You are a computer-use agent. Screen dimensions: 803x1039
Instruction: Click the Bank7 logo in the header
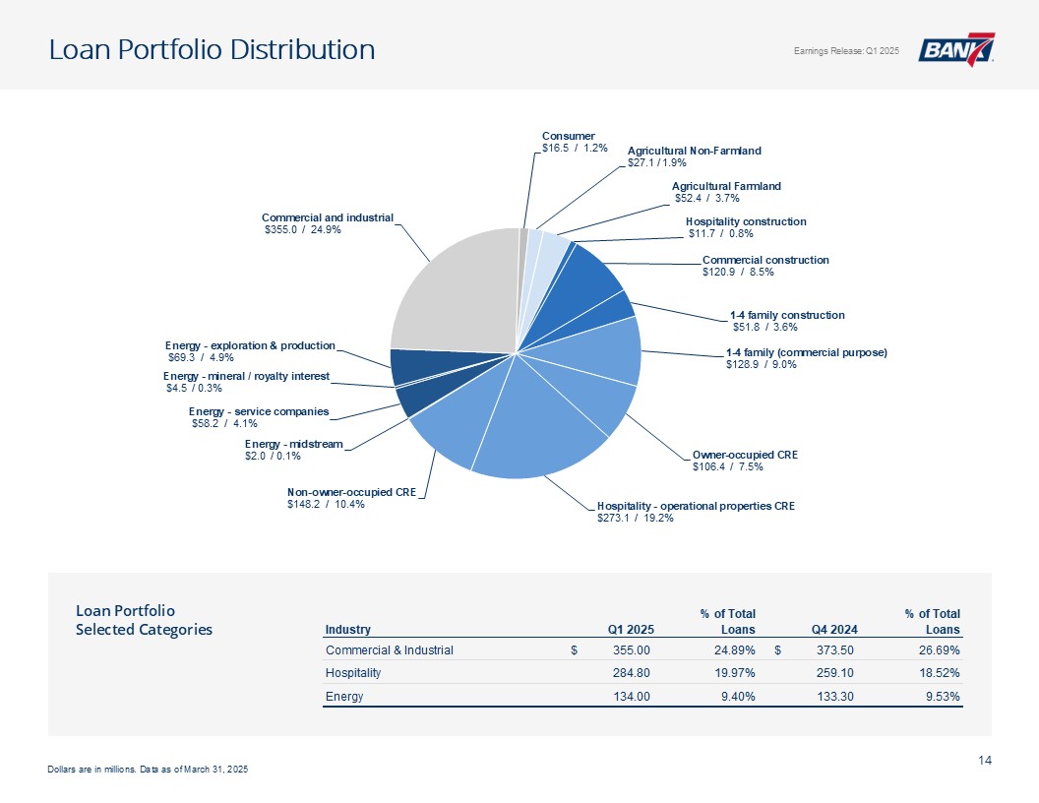[956, 50]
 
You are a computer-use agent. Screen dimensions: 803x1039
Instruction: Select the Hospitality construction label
[746, 227]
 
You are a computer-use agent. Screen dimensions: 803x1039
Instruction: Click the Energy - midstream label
[293, 450]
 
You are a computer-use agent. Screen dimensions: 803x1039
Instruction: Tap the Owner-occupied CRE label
[744, 461]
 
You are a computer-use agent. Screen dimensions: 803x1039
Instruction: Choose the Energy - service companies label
[259, 417]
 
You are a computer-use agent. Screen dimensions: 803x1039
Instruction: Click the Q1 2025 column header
[631, 630]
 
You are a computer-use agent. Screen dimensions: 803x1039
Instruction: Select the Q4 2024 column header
[834, 630]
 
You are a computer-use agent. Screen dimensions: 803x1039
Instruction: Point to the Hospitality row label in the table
[352, 673]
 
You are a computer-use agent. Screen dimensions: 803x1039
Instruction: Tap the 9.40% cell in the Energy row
[735, 697]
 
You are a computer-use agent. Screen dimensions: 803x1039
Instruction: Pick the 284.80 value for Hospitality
[630, 673]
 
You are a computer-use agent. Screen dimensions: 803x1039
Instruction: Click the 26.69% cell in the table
[939, 649]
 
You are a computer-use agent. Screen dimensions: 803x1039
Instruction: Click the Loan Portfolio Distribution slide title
[213, 49]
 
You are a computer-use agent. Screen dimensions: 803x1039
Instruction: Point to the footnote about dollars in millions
[148, 769]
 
